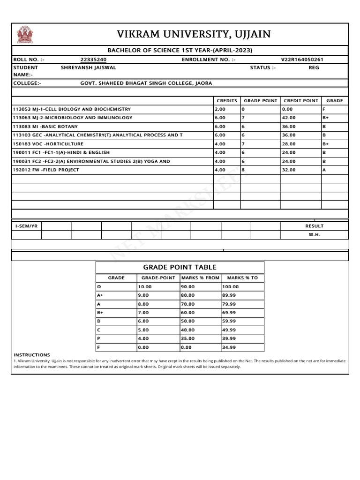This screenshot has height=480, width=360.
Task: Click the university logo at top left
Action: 25,35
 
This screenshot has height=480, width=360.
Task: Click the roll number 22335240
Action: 93,60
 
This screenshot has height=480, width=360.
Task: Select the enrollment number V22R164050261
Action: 302,60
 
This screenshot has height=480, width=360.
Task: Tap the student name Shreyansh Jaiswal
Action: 88,67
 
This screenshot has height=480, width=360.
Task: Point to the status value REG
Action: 314,67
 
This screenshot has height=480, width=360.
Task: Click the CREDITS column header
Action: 227,101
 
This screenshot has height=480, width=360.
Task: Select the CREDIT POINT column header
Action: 301,101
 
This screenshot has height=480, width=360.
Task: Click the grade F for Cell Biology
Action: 324,109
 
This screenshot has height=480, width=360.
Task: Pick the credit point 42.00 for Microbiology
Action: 289,118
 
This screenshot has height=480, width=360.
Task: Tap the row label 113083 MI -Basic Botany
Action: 45,127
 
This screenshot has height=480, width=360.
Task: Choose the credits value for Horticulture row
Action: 220,144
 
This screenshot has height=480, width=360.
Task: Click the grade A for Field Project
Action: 324,170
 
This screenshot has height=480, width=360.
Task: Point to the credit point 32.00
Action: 289,170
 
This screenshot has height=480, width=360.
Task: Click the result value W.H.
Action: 314,234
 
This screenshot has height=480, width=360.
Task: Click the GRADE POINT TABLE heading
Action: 180,267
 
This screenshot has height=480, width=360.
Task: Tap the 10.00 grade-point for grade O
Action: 144,286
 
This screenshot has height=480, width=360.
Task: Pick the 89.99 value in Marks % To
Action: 229,295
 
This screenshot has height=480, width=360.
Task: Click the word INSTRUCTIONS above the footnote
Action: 32,355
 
